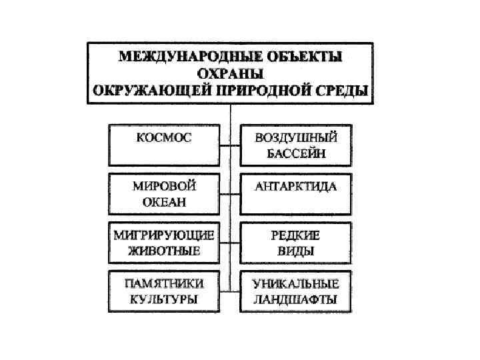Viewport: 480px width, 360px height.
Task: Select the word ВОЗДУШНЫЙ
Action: pos(296,138)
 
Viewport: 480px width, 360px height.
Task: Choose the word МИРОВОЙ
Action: pos(164,186)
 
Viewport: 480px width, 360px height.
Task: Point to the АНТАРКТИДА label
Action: pos(296,186)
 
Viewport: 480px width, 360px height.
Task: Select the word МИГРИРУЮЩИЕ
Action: pos(164,235)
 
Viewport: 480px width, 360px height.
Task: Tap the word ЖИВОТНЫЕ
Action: pos(164,251)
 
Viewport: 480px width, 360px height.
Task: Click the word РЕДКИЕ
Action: pos(295,235)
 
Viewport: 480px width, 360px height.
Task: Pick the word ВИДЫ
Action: pos(295,251)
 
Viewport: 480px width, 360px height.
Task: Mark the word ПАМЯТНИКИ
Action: pos(163,283)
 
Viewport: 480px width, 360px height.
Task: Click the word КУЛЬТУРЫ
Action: pos(163,299)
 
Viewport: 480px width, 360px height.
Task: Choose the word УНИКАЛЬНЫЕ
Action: pos(296,283)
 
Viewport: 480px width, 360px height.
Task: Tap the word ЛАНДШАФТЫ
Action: pos(296,299)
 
